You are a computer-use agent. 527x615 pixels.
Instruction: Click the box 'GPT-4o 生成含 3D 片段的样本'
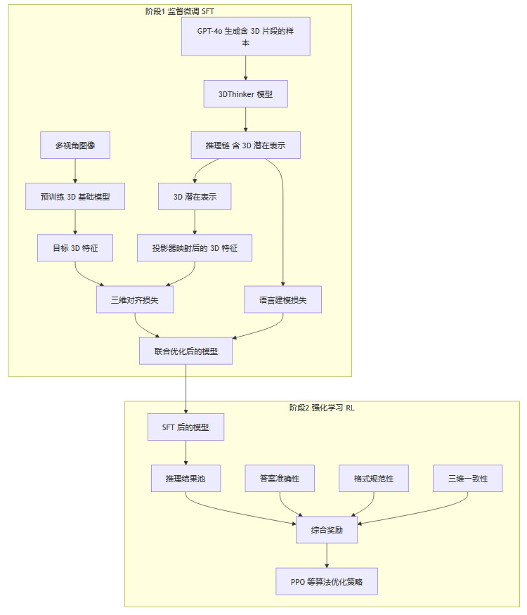(x=245, y=37)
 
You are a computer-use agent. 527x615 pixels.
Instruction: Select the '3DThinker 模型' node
(x=245, y=93)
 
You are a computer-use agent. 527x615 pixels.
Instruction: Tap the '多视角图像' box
(x=75, y=145)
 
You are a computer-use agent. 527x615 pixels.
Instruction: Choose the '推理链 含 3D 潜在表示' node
(x=245, y=145)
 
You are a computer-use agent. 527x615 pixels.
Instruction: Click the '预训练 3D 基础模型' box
(x=75, y=197)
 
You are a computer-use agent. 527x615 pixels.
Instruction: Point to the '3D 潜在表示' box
(x=195, y=197)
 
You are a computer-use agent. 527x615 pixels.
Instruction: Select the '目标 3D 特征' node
(x=75, y=248)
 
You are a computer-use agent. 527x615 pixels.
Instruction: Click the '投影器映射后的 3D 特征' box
(x=195, y=248)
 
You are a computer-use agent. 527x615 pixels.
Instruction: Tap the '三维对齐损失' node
(x=135, y=299)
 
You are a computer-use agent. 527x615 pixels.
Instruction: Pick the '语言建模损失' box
(x=282, y=299)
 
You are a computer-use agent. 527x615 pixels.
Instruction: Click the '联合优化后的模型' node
(x=186, y=351)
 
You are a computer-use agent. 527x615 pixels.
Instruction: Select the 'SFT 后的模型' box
(x=186, y=427)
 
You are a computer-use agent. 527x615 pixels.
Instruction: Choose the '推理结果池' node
(x=186, y=479)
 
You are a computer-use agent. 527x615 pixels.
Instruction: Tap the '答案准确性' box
(x=280, y=479)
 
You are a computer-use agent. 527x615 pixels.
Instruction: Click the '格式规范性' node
(x=374, y=479)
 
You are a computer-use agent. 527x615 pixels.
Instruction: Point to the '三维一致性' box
(x=468, y=479)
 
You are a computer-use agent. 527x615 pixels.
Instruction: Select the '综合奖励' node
(x=327, y=530)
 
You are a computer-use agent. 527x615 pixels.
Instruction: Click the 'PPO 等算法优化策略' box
(x=327, y=582)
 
